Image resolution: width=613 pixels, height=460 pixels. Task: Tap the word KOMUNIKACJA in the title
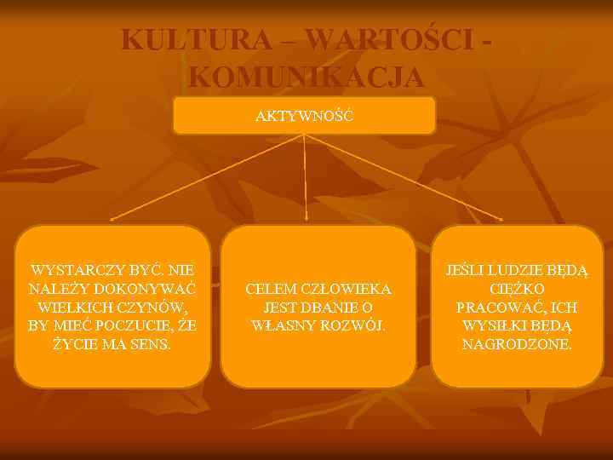[x=306, y=76]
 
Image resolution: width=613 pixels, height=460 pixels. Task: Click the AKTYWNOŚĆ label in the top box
[x=304, y=114]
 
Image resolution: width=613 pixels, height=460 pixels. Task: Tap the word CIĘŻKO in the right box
[x=518, y=289]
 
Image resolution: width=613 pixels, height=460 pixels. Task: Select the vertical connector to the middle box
[x=305, y=175]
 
